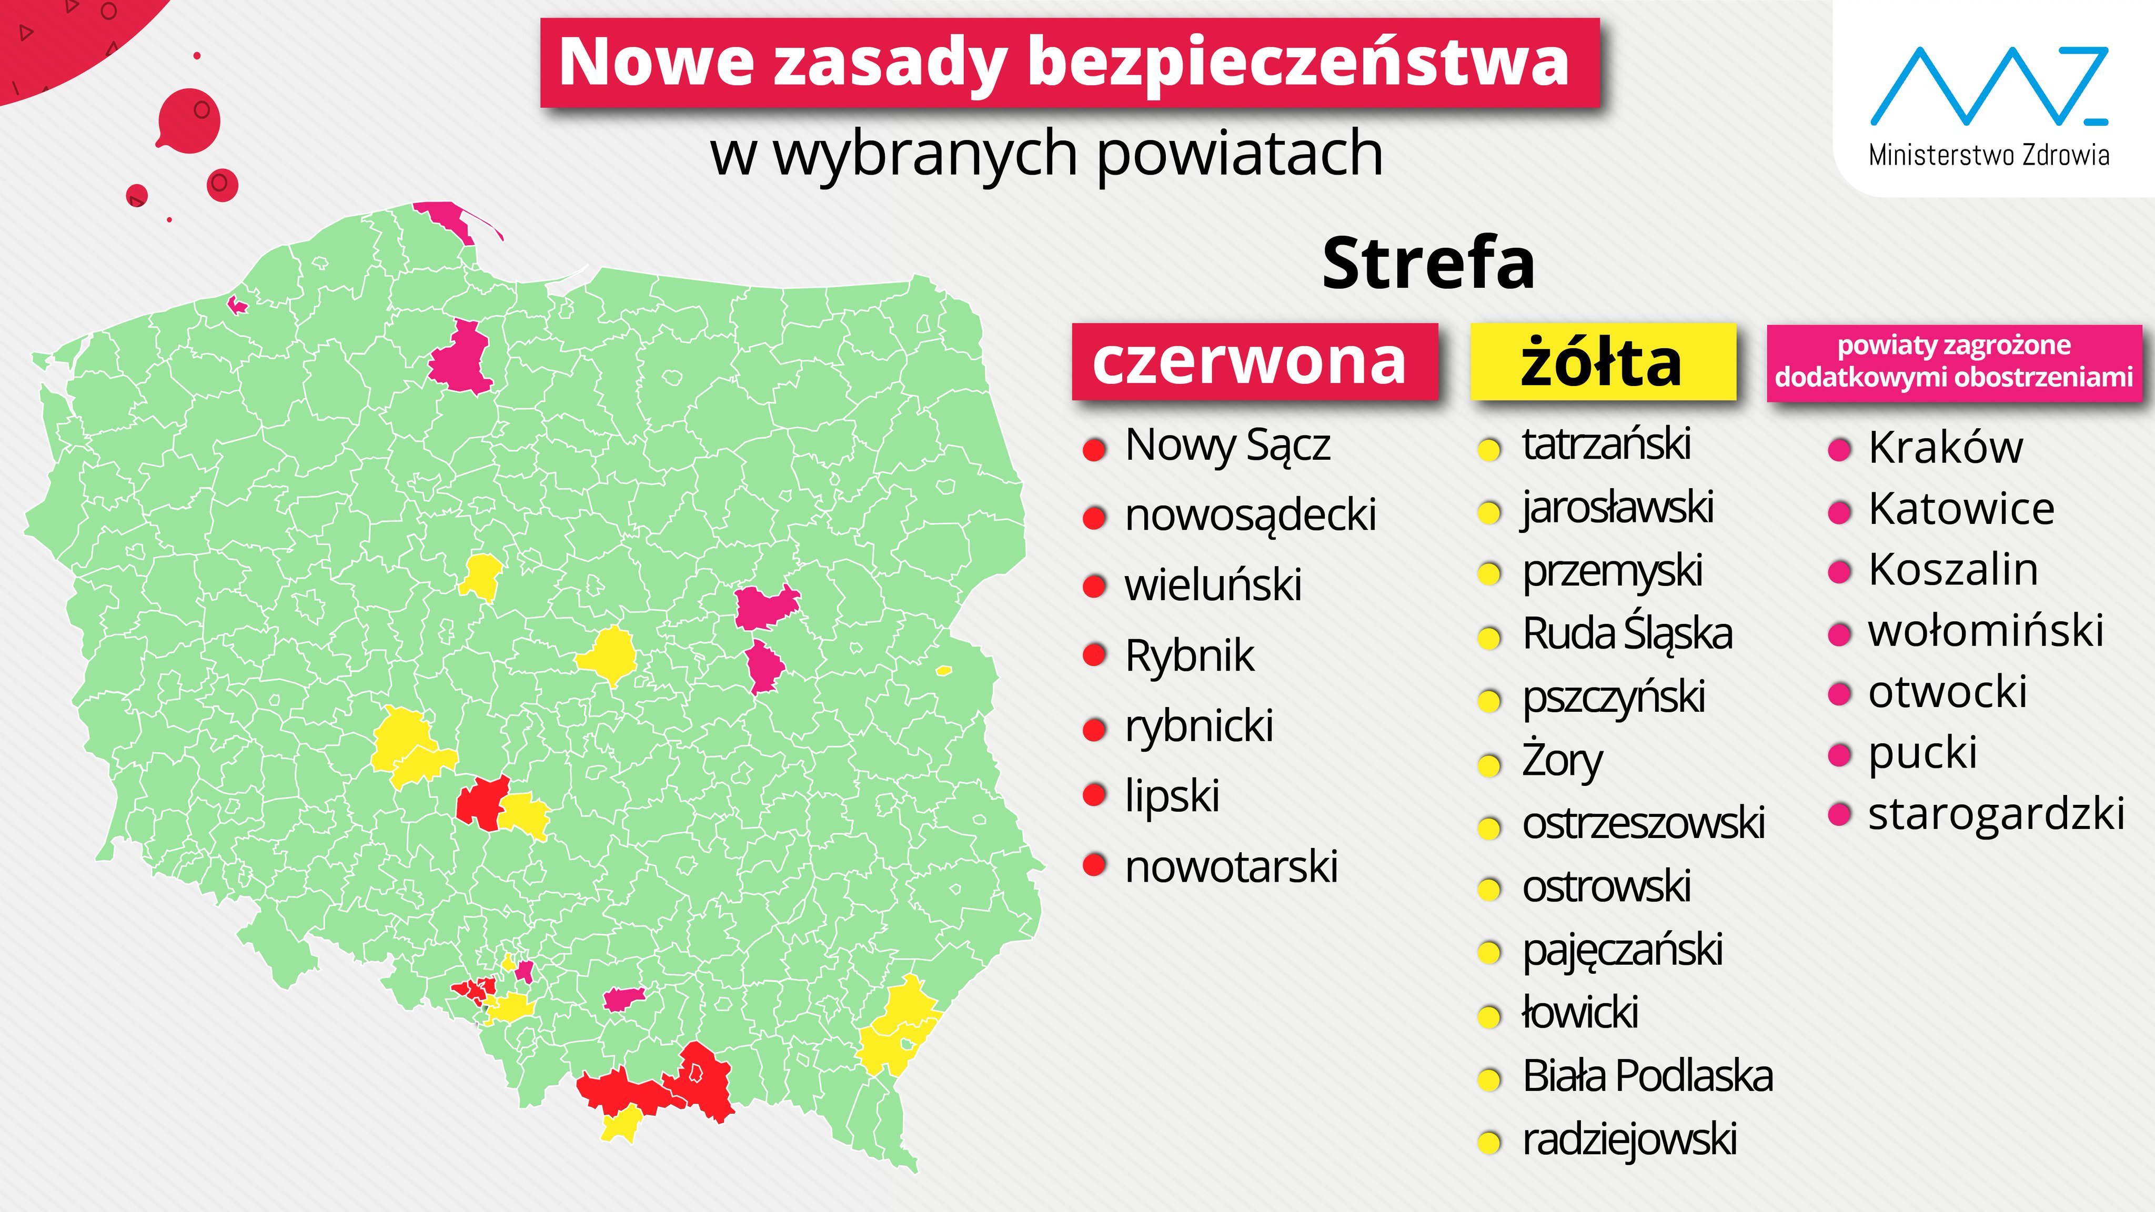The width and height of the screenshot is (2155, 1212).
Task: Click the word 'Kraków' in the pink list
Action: pyautogui.click(x=1945, y=448)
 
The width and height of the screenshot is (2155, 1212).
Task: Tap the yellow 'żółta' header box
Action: pyautogui.click(x=1602, y=361)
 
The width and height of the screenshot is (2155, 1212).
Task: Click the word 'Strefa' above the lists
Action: pyautogui.click(x=1428, y=264)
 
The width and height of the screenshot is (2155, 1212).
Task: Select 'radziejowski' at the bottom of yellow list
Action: pyautogui.click(x=1629, y=1139)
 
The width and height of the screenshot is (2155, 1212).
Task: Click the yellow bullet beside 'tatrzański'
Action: pyautogui.click(x=1489, y=450)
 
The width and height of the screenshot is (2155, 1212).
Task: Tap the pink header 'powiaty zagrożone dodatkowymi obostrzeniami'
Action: pyautogui.click(x=1953, y=361)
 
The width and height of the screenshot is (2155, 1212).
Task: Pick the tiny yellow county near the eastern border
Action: pyautogui.click(x=944, y=670)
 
